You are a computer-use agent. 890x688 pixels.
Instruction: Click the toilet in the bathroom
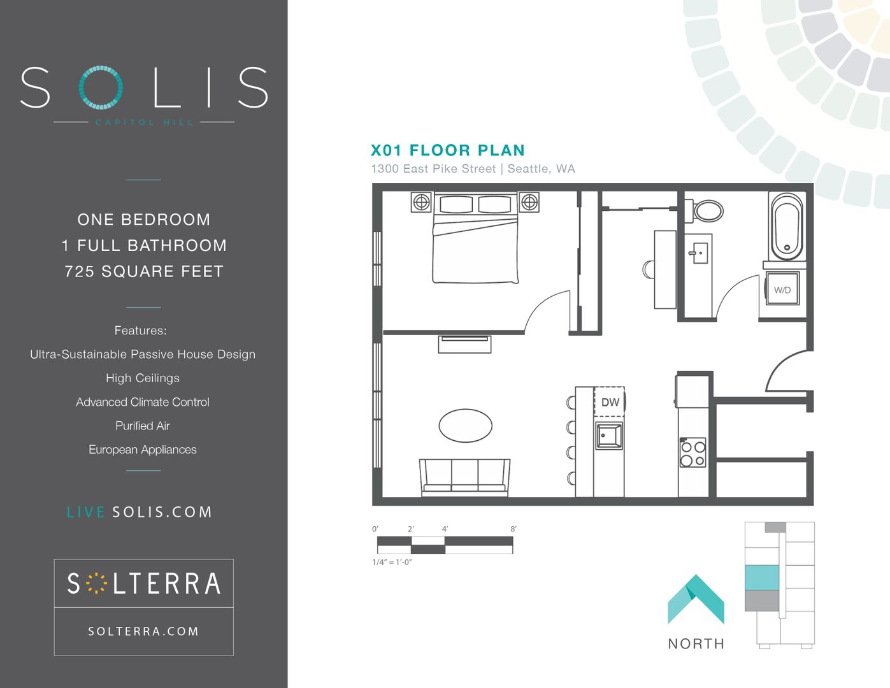click(x=705, y=211)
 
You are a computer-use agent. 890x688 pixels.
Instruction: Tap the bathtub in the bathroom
click(x=787, y=227)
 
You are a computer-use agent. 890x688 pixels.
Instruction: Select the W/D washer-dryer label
click(x=782, y=290)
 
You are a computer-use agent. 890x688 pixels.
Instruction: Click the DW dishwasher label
click(x=610, y=402)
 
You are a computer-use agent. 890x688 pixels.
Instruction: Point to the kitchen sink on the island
click(x=609, y=436)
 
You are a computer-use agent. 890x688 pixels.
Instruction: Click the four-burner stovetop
click(x=693, y=452)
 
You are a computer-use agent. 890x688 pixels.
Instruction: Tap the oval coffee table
click(x=465, y=426)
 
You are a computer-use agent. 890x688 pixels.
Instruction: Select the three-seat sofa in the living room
click(x=465, y=478)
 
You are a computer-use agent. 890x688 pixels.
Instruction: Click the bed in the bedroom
click(x=475, y=238)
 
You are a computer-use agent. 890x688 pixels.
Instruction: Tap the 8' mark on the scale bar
click(x=513, y=529)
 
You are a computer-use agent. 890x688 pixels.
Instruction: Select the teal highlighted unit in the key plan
click(x=761, y=577)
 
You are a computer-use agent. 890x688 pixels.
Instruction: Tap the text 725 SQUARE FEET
click(x=144, y=271)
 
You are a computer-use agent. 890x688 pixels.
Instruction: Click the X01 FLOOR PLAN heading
click(x=448, y=150)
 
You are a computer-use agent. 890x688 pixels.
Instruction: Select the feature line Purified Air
click(x=143, y=426)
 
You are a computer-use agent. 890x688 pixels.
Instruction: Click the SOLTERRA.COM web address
click(x=144, y=631)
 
